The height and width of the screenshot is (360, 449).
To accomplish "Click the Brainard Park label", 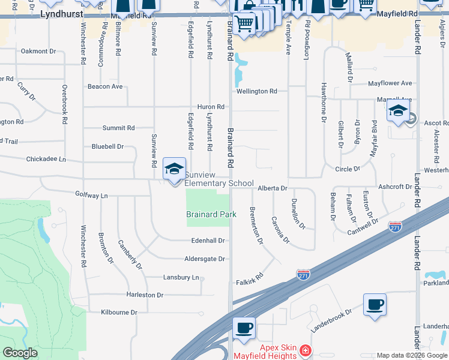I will [x=211, y=214].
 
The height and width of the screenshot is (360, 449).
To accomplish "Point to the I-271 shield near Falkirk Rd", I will [x=303, y=274].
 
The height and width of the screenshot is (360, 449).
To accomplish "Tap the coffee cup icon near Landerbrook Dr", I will [x=375, y=304].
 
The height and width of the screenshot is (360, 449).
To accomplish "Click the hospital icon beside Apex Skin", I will [x=306, y=349].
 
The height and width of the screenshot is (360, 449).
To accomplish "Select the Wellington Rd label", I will [x=256, y=91].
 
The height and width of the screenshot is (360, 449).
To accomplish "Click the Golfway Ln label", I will [x=91, y=196].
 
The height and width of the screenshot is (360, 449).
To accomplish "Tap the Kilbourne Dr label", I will [x=119, y=313].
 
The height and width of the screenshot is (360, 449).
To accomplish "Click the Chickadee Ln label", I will [x=46, y=160].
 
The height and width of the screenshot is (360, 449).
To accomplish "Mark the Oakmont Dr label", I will [x=38, y=52].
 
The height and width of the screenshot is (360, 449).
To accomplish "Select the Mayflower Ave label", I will [x=390, y=83].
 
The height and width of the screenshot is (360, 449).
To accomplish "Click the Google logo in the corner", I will [x=20, y=353].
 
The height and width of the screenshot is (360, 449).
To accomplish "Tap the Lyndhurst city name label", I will [x=60, y=13].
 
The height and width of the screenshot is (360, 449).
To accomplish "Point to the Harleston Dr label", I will [x=145, y=295].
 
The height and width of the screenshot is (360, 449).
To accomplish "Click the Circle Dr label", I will [x=348, y=169].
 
